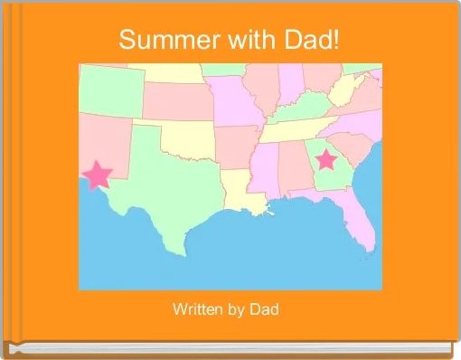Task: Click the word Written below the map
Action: (x=197, y=310)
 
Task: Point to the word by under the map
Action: (x=236, y=310)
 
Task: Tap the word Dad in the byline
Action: (x=265, y=310)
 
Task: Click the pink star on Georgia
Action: (x=325, y=161)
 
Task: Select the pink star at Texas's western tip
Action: (x=97, y=174)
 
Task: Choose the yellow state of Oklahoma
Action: (x=190, y=137)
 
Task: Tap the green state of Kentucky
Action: (x=303, y=111)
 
